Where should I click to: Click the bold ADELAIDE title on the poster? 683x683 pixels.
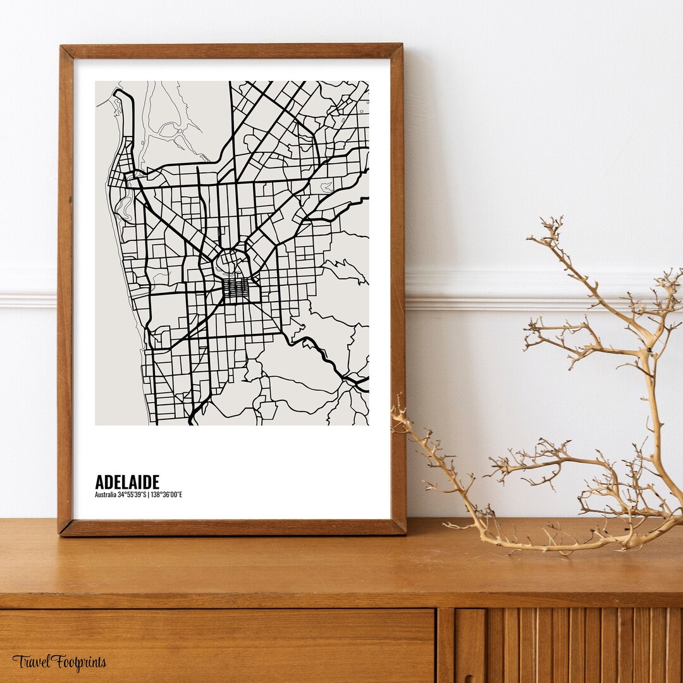click(127, 482)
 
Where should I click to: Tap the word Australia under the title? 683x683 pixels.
click(105, 495)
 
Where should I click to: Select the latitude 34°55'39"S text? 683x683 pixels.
click(132, 495)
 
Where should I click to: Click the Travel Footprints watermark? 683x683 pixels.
click(59, 662)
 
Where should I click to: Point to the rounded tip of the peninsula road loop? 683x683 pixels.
click(120, 93)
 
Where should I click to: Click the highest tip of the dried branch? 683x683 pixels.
click(557, 219)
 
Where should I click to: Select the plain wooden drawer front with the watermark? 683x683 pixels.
click(215, 645)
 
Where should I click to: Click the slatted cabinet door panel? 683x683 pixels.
click(569, 645)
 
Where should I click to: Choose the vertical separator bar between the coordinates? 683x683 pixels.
click(148, 495)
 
